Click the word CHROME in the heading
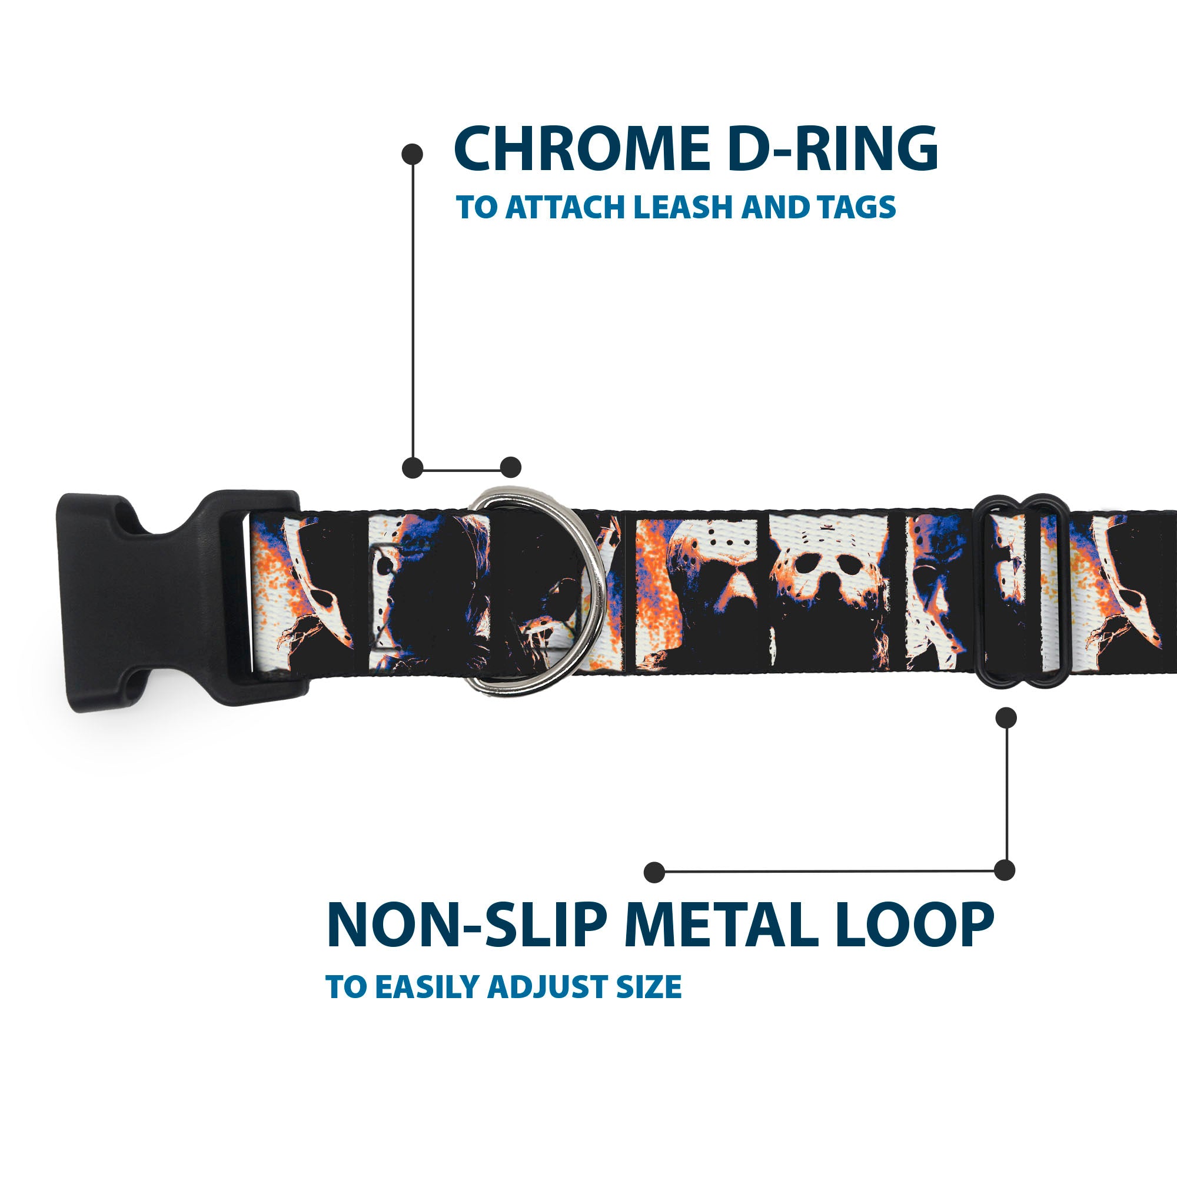(581, 149)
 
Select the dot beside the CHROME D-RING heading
(413, 154)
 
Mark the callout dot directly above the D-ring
(510, 467)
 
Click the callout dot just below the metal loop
(1006, 717)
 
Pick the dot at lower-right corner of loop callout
(1005, 870)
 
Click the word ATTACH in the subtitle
(567, 208)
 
